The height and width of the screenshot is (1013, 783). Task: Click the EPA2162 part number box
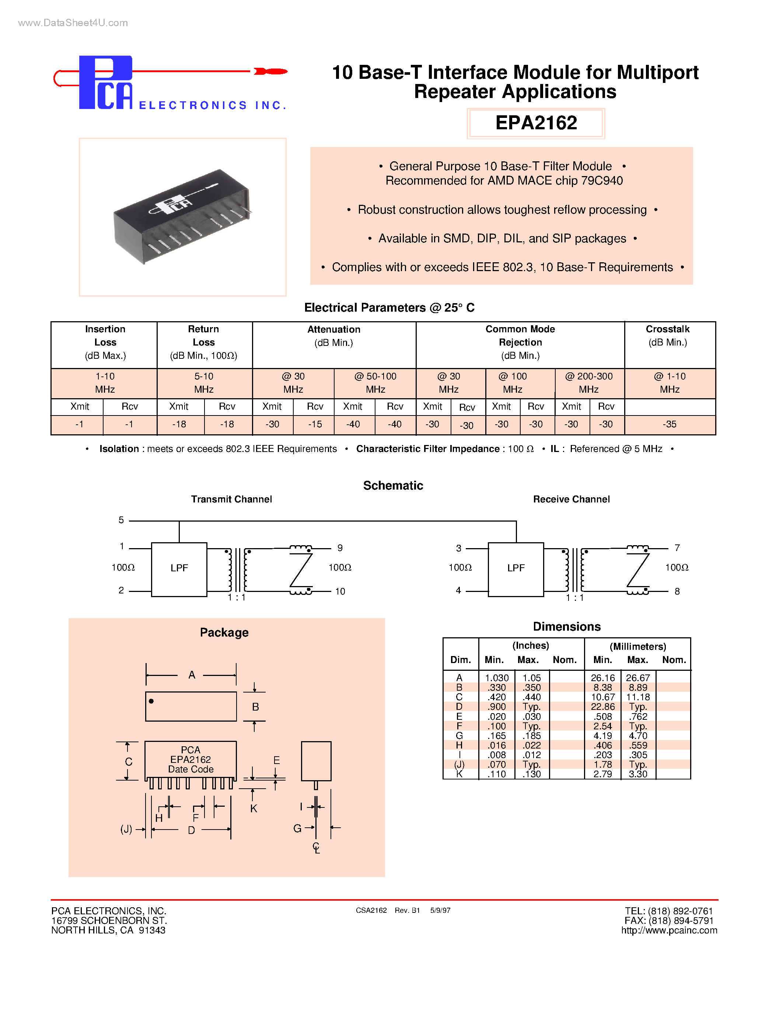point(536,123)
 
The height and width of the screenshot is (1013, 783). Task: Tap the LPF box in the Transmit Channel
point(179,569)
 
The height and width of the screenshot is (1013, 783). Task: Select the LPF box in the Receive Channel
point(516,569)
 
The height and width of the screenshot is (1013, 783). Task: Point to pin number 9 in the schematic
point(340,548)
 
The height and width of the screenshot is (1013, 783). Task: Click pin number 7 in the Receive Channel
point(677,548)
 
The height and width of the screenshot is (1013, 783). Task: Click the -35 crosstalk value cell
point(670,424)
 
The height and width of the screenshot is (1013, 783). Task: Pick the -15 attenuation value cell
point(315,424)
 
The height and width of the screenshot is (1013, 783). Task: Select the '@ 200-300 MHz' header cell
point(589,383)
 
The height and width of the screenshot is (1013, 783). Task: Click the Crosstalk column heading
point(668,329)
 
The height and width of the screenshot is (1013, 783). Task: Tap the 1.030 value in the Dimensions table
point(496,678)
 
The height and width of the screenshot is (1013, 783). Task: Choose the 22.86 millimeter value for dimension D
point(602,707)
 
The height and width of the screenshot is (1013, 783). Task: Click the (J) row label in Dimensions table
point(459,764)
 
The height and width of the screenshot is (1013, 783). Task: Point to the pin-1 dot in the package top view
point(151,701)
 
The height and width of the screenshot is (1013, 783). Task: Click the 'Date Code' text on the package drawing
point(190,770)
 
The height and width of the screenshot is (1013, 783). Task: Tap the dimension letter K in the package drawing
point(254,809)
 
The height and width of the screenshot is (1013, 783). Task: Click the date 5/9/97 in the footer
point(440,911)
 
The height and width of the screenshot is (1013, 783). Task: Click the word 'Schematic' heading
point(393,486)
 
